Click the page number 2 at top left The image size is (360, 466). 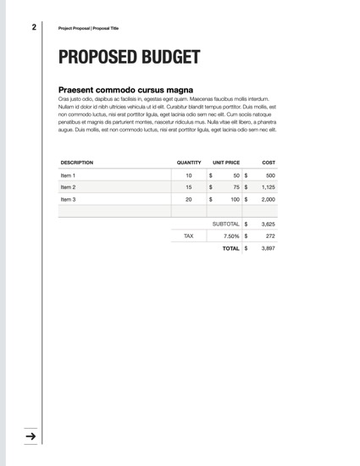(34, 27)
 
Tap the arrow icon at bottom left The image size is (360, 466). (30, 436)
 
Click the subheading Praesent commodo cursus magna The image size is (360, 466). (125, 90)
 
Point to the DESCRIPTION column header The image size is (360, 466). (77, 162)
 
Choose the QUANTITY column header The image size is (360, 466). (189, 162)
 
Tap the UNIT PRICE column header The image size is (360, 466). (226, 162)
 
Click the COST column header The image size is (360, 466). (269, 162)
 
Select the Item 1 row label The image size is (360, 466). (69, 175)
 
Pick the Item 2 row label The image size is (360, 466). (69, 187)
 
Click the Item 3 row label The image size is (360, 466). (69, 199)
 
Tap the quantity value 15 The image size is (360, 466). (188, 187)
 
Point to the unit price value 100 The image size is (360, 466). (235, 199)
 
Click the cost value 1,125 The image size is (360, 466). (268, 187)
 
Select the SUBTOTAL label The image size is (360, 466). (225, 224)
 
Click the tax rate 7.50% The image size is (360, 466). (230, 236)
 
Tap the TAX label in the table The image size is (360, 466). (188, 236)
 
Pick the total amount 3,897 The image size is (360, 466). (269, 249)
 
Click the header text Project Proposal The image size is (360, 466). (74, 28)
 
